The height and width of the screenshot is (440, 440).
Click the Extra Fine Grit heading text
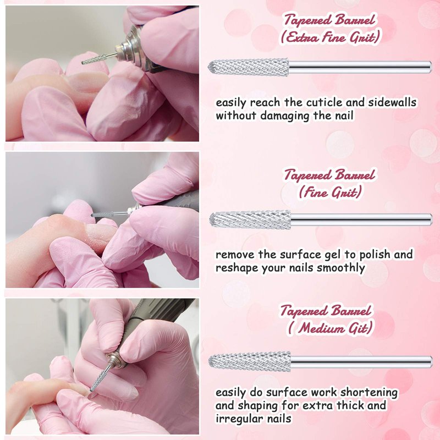(x=330, y=37)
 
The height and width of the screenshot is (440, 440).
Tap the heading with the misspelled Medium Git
(x=330, y=327)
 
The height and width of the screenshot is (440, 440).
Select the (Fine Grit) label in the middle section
(x=330, y=192)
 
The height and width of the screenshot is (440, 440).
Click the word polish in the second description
(x=375, y=255)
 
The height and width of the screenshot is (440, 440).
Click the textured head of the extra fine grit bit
(x=249, y=68)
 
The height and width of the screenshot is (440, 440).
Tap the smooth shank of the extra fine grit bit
(x=360, y=67)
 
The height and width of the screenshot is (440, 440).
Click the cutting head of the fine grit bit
(x=250, y=219)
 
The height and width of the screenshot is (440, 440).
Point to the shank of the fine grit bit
(x=361, y=219)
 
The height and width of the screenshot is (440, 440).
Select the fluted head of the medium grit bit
(x=250, y=361)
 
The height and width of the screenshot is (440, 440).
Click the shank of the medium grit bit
(x=361, y=362)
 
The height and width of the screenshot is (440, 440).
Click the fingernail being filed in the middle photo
(x=101, y=232)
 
